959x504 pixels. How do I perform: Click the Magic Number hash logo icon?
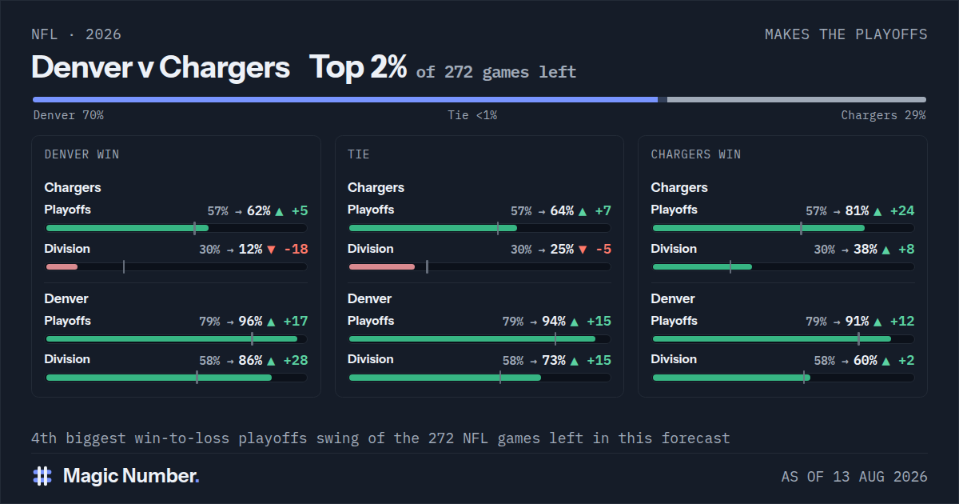pyautogui.click(x=42, y=476)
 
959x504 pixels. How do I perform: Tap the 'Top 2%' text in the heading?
pyautogui.click(x=358, y=68)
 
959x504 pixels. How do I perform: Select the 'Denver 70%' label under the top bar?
pyautogui.click(x=69, y=115)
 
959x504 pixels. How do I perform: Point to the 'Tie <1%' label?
pyautogui.click(x=472, y=115)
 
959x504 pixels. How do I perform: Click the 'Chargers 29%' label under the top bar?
pyautogui.click(x=883, y=115)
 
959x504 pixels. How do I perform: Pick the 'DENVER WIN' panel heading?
pyautogui.click(x=82, y=154)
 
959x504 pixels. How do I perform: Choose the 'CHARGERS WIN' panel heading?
pyautogui.click(x=696, y=154)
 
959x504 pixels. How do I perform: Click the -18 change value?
pyautogui.click(x=296, y=249)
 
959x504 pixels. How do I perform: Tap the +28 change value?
pyautogui.click(x=296, y=361)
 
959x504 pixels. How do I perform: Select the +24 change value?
pyautogui.click(x=902, y=211)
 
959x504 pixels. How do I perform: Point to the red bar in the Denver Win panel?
pyautogui.click(x=62, y=267)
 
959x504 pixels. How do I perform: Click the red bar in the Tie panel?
pyautogui.click(x=382, y=267)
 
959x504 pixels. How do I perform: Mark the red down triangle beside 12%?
pyautogui.click(x=271, y=250)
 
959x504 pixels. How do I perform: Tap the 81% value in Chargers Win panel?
pyautogui.click(x=857, y=211)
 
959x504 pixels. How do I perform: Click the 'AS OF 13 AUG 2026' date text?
pyautogui.click(x=854, y=477)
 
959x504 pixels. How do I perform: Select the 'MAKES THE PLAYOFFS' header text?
pyautogui.click(x=846, y=34)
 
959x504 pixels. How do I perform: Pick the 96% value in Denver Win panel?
pyautogui.click(x=250, y=322)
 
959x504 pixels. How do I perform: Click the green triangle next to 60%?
pyautogui.click(x=886, y=362)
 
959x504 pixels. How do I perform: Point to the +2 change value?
pyautogui.click(x=906, y=361)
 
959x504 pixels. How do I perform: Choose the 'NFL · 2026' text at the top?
pyautogui.click(x=76, y=34)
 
